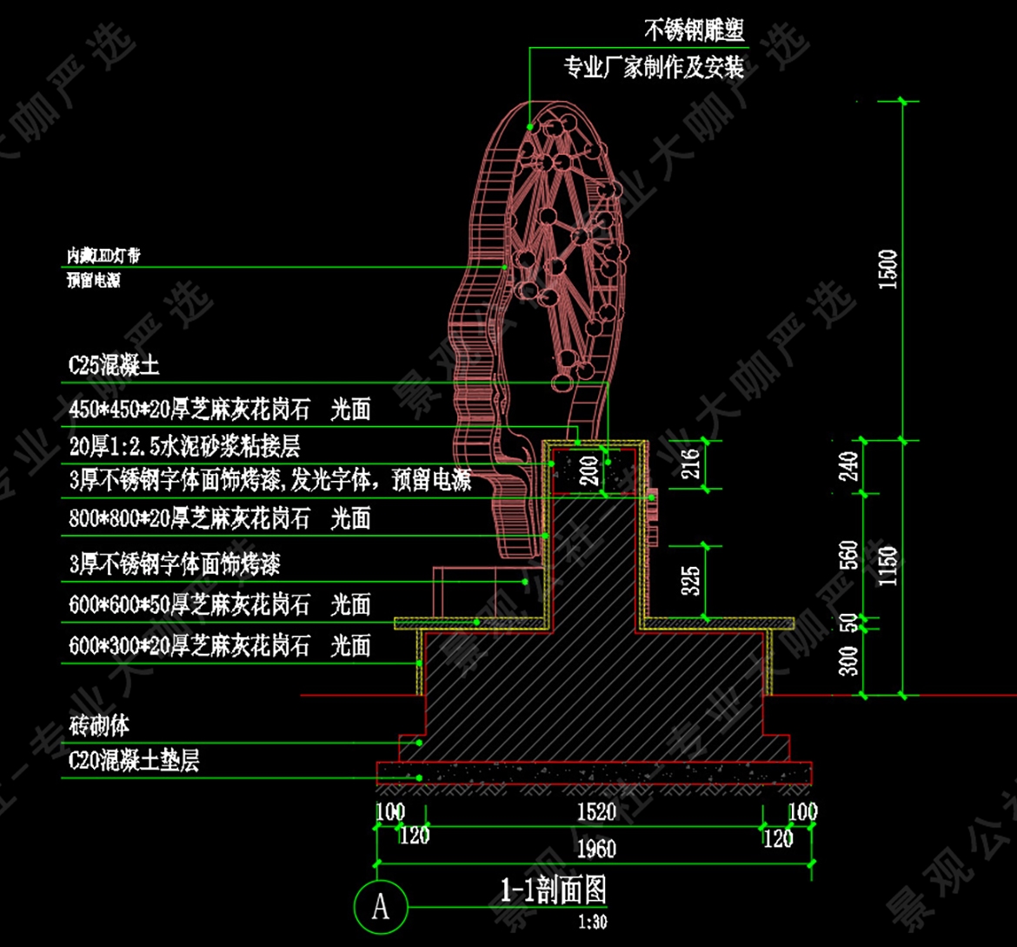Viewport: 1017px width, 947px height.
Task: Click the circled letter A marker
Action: pyautogui.click(x=381, y=906)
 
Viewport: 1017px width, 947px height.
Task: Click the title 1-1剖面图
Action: pyautogui.click(x=553, y=890)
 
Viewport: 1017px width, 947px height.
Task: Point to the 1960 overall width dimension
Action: pyautogui.click(x=595, y=848)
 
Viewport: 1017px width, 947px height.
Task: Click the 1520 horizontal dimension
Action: pyautogui.click(x=595, y=813)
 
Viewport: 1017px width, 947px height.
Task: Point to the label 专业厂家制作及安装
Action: pyautogui.click(x=654, y=67)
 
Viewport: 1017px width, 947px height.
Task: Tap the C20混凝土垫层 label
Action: pyautogui.click(x=134, y=762)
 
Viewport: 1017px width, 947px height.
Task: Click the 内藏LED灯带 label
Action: pyautogui.click(x=103, y=256)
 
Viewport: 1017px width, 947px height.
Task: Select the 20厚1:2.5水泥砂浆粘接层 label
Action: pyautogui.click(x=184, y=447)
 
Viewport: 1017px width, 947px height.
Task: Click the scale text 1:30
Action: pyautogui.click(x=593, y=922)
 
